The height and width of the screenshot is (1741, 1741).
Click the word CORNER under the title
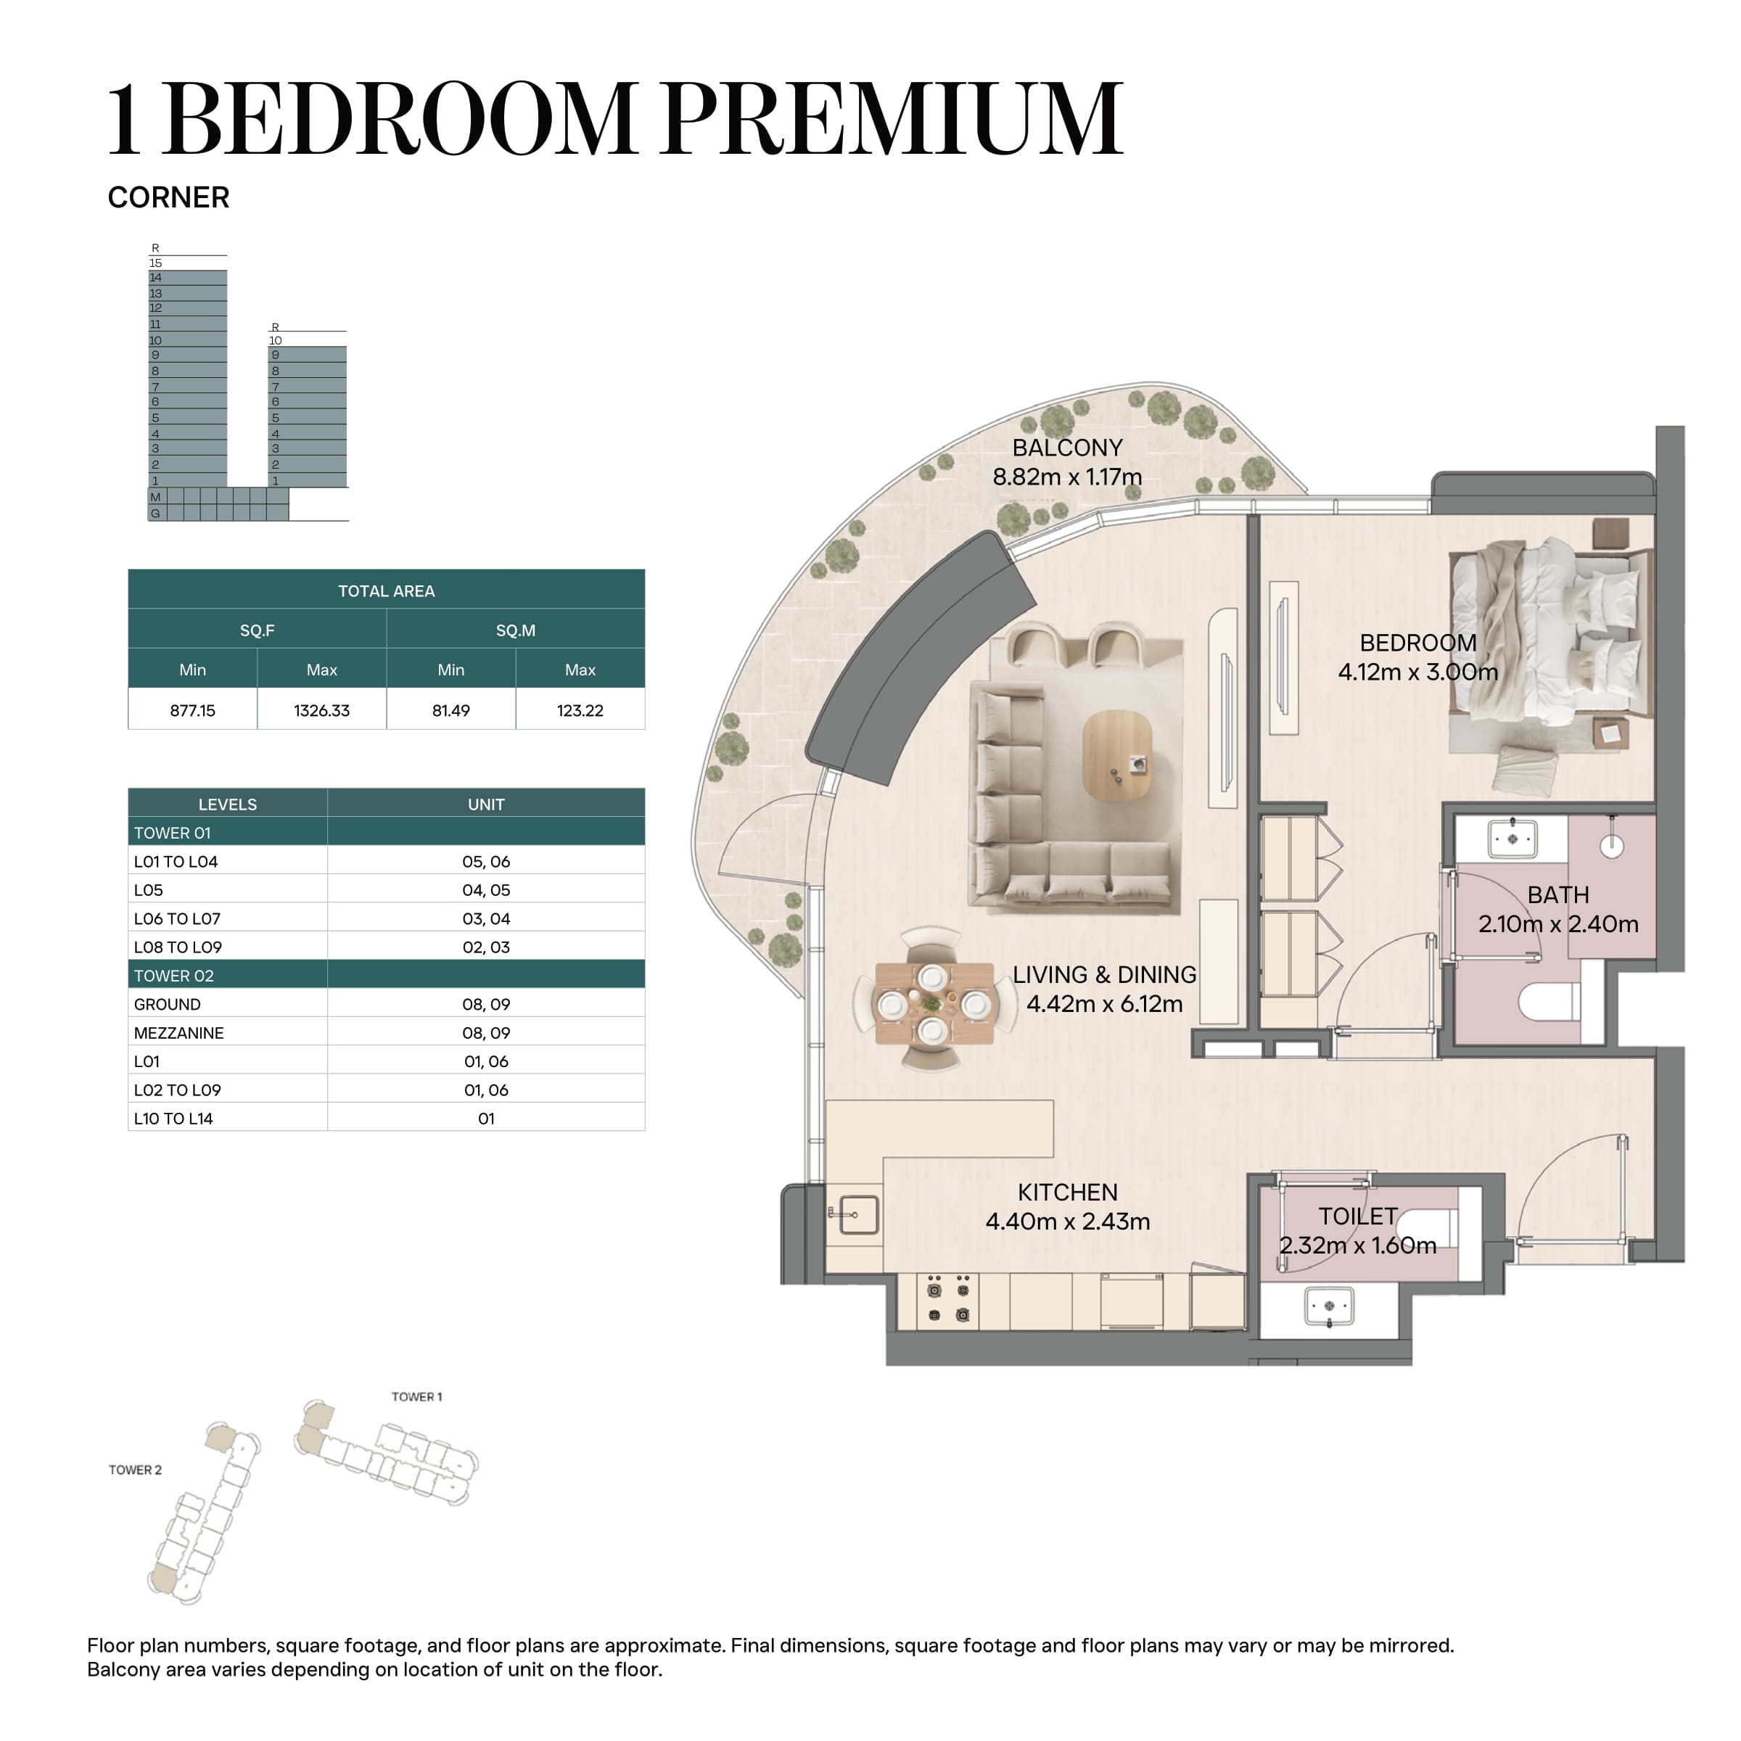[168, 197]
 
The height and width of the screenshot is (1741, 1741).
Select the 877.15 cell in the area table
[193, 710]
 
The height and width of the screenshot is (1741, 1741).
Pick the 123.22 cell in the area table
[580, 710]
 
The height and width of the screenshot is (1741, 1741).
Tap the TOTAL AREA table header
[387, 591]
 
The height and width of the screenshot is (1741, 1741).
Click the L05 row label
[149, 890]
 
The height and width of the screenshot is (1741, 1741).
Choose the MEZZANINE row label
[178, 1033]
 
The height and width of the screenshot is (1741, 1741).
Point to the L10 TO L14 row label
[173, 1119]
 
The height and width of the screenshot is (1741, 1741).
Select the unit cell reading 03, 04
[487, 918]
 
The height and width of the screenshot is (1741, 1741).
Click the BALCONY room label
[1067, 448]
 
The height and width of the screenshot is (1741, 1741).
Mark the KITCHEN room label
[1067, 1192]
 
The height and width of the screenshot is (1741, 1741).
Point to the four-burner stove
[949, 1301]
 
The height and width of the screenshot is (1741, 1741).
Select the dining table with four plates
[934, 1003]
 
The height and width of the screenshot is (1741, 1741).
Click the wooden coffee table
[1117, 755]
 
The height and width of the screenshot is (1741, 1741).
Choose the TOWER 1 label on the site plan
[416, 1396]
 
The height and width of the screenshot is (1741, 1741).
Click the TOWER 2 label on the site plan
[135, 1470]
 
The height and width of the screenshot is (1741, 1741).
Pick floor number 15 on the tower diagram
[156, 263]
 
